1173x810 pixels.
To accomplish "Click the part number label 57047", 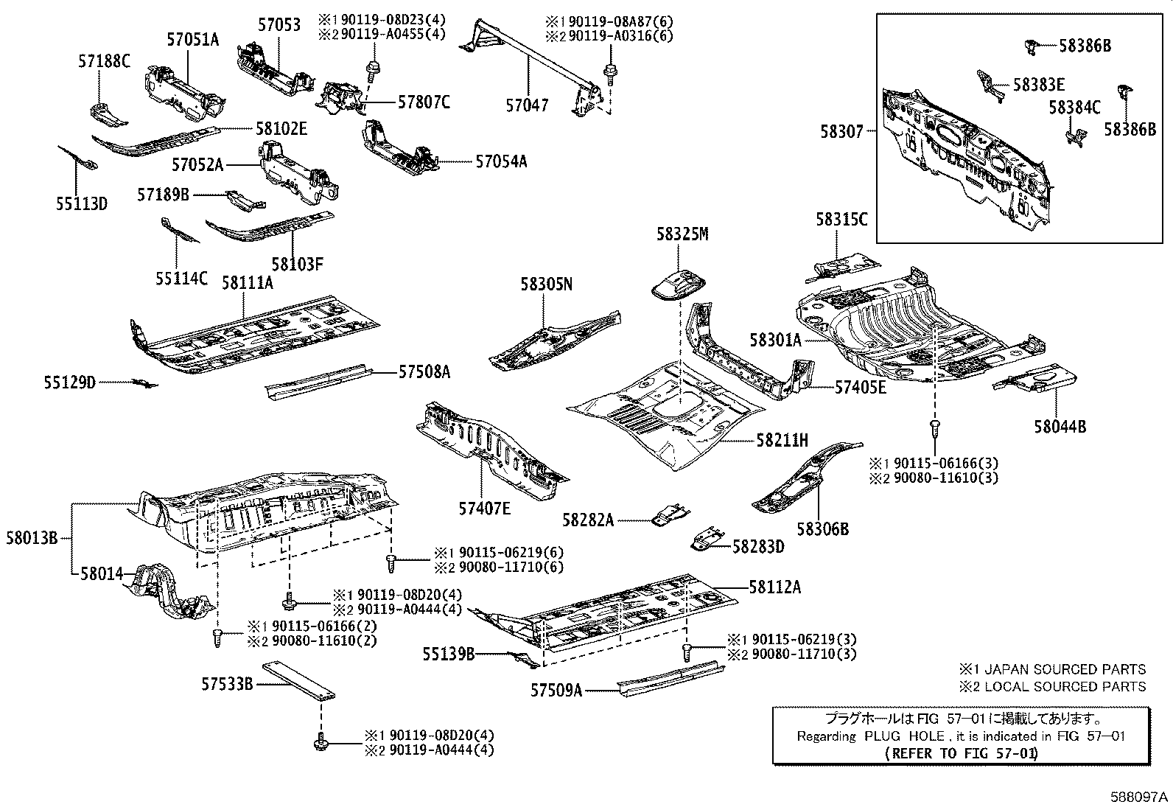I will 527,105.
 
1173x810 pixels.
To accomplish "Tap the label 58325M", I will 682,234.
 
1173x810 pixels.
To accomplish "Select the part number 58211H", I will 782,440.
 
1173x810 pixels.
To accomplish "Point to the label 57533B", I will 228,684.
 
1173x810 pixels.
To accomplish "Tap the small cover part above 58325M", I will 678,283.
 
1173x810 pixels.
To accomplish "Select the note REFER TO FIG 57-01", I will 961,753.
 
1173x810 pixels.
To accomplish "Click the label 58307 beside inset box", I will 841,132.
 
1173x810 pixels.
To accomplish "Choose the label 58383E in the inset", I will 1038,85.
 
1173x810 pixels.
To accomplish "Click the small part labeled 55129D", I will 144,383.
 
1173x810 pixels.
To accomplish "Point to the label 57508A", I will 424,372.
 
